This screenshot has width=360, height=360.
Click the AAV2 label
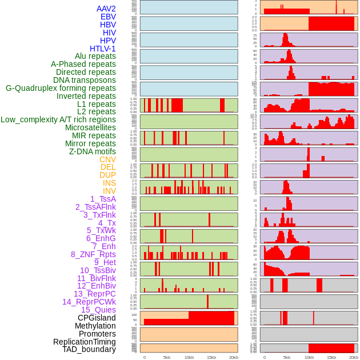pyautogui.click(x=106, y=9)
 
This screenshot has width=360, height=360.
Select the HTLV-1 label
pyautogui.click(x=102, y=49)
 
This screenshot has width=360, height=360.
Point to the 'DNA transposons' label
pyautogui.click(x=85, y=80)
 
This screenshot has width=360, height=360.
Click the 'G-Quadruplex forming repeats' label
pyautogui.click(x=61, y=88)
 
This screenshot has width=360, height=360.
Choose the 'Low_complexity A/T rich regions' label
pyautogui.click(x=58, y=119)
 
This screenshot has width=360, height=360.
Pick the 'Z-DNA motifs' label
pyautogui.click(x=92, y=151)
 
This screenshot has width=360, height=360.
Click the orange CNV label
pyautogui.click(x=107, y=159)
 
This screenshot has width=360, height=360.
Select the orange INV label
pyautogui.click(x=109, y=191)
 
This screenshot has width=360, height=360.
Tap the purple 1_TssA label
pyautogui.click(x=103, y=199)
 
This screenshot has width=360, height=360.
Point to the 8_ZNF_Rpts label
pyautogui.click(x=93, y=254)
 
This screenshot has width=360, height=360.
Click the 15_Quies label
pyautogui.click(x=98, y=310)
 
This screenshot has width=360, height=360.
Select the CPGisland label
pyautogui.click(x=97, y=318)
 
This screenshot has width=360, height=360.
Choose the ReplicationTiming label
pyautogui.click(x=85, y=342)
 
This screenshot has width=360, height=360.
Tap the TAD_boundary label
pyautogui.click(x=89, y=349)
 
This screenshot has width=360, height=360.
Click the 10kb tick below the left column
pyautogui.click(x=189, y=357)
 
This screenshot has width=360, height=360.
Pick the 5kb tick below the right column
pyautogui.click(x=286, y=357)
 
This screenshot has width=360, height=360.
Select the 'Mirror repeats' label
pyautogui.click(x=90, y=143)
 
